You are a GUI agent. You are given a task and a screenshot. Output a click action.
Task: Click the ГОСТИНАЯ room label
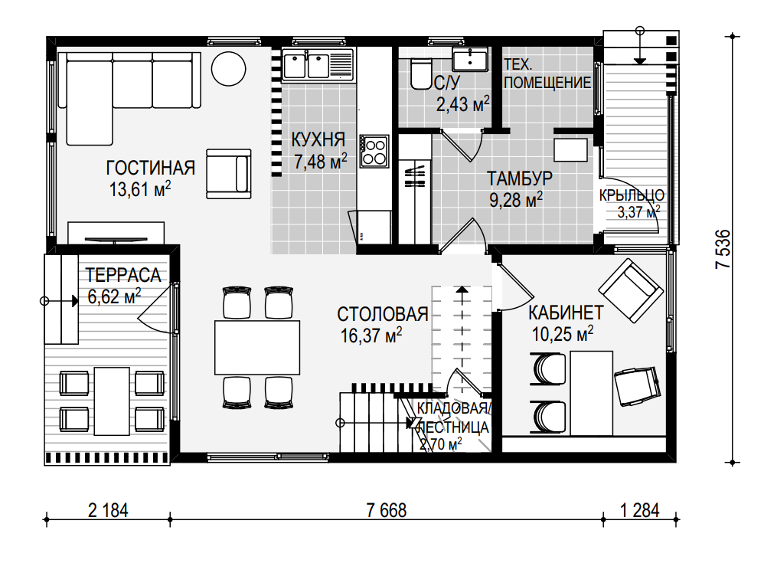151,169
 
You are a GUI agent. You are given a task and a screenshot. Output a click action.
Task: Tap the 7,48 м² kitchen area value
320,162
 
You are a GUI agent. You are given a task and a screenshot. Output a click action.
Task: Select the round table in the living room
229,69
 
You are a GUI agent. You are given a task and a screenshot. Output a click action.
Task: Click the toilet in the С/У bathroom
420,74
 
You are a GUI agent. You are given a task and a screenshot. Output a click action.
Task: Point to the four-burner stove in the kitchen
374,151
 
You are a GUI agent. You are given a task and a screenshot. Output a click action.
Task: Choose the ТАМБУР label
520,178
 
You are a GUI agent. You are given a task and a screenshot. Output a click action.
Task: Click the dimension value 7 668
386,510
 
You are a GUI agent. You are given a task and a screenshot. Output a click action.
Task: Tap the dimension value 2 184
108,510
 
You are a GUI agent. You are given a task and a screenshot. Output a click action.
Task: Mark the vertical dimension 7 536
723,249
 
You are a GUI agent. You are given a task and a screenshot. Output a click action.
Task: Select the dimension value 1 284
640,510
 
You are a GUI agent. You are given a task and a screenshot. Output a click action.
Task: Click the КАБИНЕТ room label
566,313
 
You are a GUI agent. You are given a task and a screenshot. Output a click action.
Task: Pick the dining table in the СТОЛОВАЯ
257,347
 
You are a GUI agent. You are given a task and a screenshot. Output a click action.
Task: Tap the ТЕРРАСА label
123,276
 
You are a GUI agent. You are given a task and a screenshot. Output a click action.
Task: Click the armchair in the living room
229,174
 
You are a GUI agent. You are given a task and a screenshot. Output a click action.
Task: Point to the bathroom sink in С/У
470,60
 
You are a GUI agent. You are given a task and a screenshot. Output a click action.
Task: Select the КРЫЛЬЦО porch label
632,195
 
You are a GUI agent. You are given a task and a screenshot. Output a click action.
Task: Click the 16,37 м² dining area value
371,336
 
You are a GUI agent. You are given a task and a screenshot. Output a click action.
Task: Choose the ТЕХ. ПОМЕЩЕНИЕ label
547,74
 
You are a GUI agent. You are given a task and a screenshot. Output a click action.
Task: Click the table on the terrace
112,401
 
